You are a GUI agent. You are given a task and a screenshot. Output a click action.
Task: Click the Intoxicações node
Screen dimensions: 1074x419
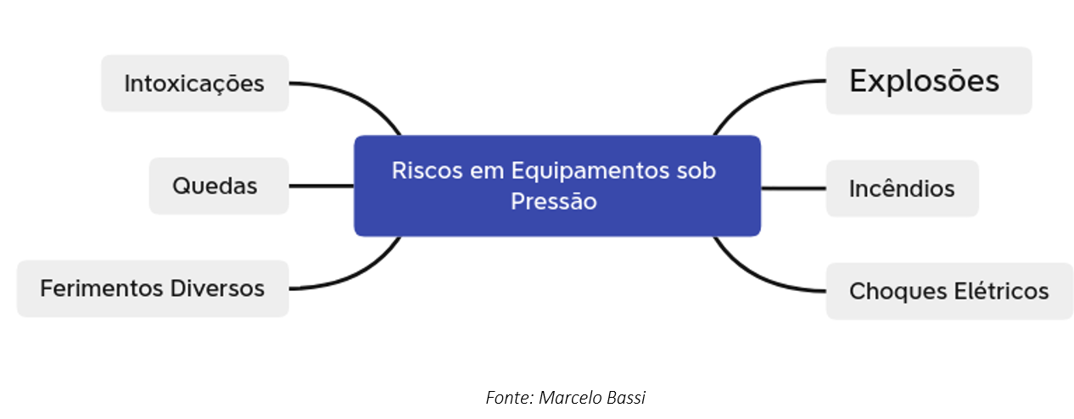[x=194, y=83]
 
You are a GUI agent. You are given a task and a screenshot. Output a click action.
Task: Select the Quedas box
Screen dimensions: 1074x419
[x=219, y=186]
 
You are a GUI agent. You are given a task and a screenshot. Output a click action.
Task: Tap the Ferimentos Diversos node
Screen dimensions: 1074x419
[x=153, y=288]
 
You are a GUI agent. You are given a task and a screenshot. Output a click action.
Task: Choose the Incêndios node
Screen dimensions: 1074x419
[x=903, y=188]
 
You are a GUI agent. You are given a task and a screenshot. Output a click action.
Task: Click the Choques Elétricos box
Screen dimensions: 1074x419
[x=949, y=291]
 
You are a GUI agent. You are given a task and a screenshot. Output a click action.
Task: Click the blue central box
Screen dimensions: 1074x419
[x=557, y=186]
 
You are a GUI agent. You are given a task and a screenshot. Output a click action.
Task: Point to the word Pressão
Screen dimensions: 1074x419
[x=554, y=201]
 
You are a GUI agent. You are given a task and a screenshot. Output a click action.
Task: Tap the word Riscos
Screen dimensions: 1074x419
[x=428, y=170]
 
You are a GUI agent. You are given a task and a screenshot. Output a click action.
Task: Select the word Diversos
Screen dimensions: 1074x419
[x=217, y=288]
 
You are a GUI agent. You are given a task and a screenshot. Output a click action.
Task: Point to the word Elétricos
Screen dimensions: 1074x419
[x=1001, y=291]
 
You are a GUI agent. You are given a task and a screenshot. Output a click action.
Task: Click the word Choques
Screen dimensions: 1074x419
[x=898, y=292]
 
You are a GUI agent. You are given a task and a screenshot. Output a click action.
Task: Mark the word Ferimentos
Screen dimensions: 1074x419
[x=102, y=288]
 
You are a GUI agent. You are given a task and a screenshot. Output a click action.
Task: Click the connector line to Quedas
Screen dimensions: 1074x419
[x=322, y=186]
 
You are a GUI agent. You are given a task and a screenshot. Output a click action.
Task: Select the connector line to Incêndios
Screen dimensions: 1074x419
[x=793, y=188]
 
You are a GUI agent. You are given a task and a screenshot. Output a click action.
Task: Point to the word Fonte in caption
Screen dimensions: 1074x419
[x=510, y=398]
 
